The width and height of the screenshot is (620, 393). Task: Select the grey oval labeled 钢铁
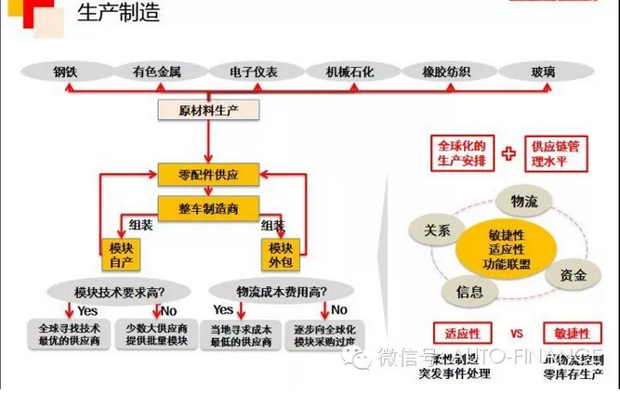pyautogui.click(x=64, y=72)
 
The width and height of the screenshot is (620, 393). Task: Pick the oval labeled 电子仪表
pyautogui.click(x=254, y=72)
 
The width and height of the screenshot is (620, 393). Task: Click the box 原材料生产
pyautogui.click(x=206, y=110)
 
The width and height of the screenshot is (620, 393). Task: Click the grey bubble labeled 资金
pyautogui.click(x=573, y=275)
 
